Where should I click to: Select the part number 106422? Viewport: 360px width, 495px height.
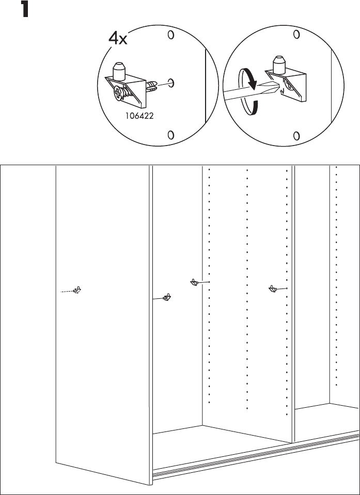[139, 115]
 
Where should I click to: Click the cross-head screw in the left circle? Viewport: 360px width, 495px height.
[120, 94]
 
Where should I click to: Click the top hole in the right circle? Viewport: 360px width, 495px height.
[296, 35]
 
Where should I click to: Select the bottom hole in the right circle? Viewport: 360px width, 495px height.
[296, 136]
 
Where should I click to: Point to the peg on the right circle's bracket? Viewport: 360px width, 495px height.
[279, 63]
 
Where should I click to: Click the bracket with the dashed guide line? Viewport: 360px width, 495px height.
[78, 291]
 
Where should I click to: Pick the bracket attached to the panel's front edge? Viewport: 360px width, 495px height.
[167, 297]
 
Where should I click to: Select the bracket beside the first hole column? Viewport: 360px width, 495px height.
[194, 282]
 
